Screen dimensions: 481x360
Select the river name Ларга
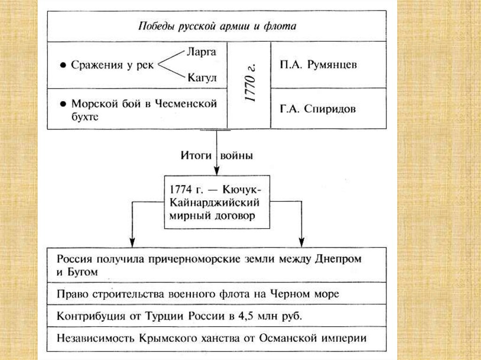202,52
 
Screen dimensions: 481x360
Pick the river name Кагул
202,77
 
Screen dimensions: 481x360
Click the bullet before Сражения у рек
63,65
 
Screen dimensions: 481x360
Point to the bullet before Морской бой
63,104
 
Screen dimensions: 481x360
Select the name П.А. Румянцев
318,65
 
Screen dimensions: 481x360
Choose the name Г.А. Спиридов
318,109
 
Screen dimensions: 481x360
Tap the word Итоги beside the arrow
196,155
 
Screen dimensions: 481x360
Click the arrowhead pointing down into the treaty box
217,171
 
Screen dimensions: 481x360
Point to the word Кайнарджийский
214,202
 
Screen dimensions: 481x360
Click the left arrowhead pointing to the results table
132,243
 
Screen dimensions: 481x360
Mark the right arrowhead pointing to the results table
302,243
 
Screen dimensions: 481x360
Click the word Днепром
338,259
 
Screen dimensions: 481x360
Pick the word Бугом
82,272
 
